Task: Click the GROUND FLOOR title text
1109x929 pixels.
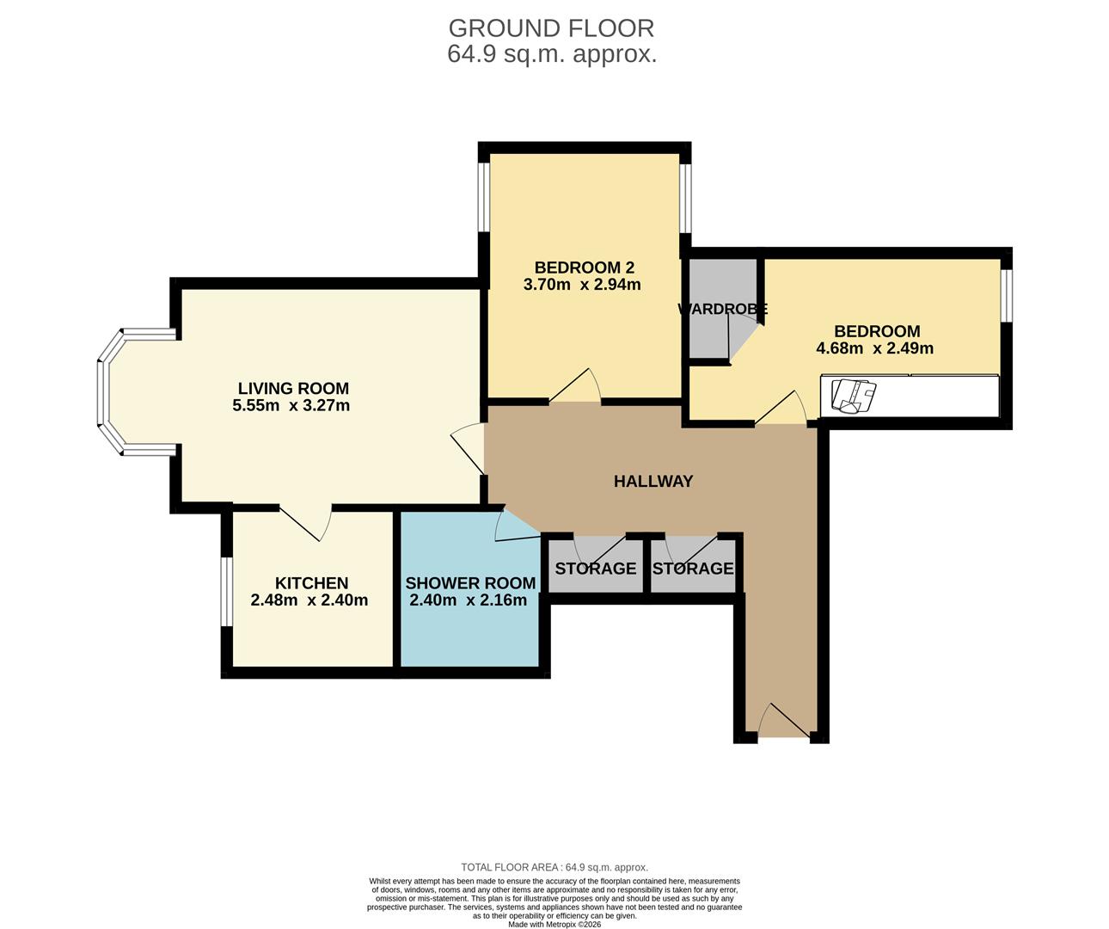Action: (x=551, y=28)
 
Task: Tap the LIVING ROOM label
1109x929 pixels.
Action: (x=293, y=389)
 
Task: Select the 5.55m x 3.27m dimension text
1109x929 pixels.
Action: (x=291, y=405)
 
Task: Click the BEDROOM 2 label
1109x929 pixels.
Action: (x=585, y=268)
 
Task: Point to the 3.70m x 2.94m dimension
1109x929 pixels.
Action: (x=582, y=285)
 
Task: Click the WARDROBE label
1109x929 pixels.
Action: (x=722, y=309)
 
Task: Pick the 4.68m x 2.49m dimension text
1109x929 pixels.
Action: (x=875, y=348)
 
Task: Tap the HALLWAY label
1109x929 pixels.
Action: (x=653, y=481)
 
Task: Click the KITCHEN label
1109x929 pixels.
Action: (x=312, y=583)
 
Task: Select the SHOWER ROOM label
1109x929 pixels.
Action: (x=470, y=583)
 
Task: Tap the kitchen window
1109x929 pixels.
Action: (x=227, y=592)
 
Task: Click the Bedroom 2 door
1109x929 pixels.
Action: (x=574, y=385)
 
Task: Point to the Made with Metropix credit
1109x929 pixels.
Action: (x=554, y=924)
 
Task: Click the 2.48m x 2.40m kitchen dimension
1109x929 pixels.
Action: (x=309, y=600)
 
